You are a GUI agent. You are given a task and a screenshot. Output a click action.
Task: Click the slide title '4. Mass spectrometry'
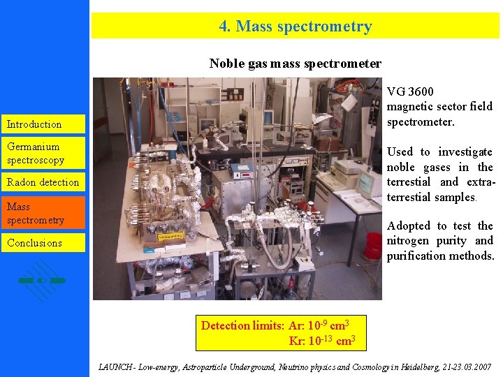[296, 27]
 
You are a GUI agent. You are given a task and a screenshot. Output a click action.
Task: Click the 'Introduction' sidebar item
[34, 124]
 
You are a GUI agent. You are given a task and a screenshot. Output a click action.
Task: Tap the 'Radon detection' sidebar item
[43, 182]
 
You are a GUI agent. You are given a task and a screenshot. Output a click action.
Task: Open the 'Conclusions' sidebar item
[34, 243]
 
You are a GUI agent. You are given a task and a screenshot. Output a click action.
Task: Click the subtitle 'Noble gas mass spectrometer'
[295, 64]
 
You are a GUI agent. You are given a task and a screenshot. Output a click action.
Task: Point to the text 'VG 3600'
[410, 91]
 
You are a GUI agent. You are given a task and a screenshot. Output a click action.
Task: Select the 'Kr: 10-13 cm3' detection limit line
[322, 341]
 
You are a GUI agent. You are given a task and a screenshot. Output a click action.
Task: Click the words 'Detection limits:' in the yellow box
[242, 325]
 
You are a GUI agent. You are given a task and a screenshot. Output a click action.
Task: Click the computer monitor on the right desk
[369, 180]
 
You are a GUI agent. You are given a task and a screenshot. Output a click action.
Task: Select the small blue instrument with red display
[242, 171]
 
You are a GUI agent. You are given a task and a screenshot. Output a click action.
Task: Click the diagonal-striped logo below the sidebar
[43, 280]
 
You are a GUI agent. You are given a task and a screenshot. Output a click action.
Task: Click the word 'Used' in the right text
[400, 151]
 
